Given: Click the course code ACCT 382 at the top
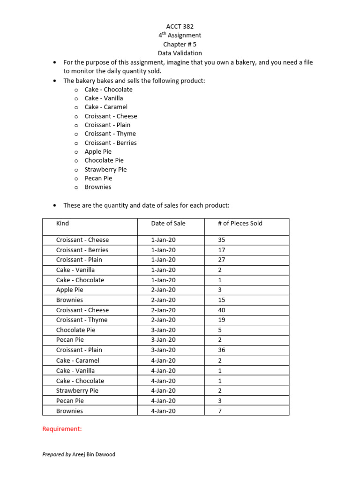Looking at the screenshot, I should [180, 26].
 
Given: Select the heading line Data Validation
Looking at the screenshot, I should [180, 53].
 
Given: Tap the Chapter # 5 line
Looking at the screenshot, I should [180, 44].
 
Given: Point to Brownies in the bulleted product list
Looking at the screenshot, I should [98, 187].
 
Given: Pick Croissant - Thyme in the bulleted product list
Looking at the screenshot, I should [110, 134].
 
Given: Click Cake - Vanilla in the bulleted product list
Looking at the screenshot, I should [104, 98].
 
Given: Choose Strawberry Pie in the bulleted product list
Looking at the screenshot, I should [105, 169].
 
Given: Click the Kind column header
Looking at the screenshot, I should [62, 223].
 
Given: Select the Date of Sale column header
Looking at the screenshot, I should [168, 223].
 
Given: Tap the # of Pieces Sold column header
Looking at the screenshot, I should [240, 223].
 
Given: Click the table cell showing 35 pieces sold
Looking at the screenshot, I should [222, 240].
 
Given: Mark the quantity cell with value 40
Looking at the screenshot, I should [222, 310].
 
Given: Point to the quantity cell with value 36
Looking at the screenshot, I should [222, 350].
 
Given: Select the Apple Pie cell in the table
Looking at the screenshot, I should [70, 290].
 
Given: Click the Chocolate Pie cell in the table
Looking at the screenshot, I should [75, 330].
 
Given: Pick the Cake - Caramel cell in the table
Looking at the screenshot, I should [77, 360].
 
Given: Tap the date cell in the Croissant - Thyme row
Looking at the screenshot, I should [163, 320].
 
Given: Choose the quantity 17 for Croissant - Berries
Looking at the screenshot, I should [222, 250].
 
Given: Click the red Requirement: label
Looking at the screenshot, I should [62, 429].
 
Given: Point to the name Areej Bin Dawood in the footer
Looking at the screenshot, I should [94, 454].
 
